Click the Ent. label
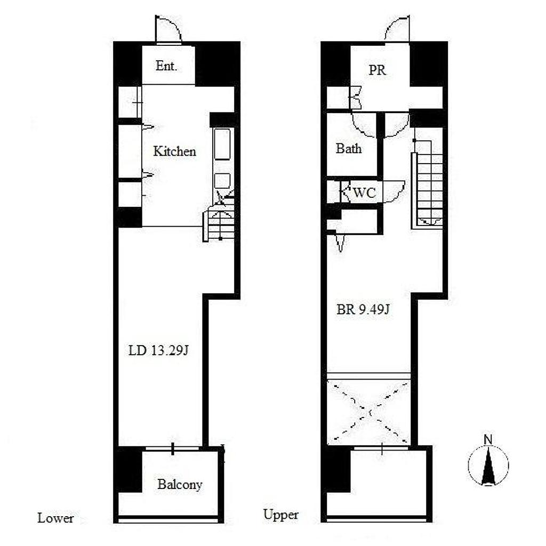pos(166,66)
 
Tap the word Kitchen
pos(174,151)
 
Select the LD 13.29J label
pos(158,350)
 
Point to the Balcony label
pos(180,484)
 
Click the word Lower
pos(55,518)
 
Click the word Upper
pos(280,515)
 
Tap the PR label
pos(378,70)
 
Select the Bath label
pos(349,149)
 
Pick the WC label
pos(364,192)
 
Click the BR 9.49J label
pos(363,309)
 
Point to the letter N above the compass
pos(488,440)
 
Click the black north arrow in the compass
pos(488,466)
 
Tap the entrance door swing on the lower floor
pos(168,30)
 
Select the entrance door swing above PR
pos(397,29)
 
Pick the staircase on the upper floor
pos(427,183)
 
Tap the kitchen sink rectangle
pos(222,144)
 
